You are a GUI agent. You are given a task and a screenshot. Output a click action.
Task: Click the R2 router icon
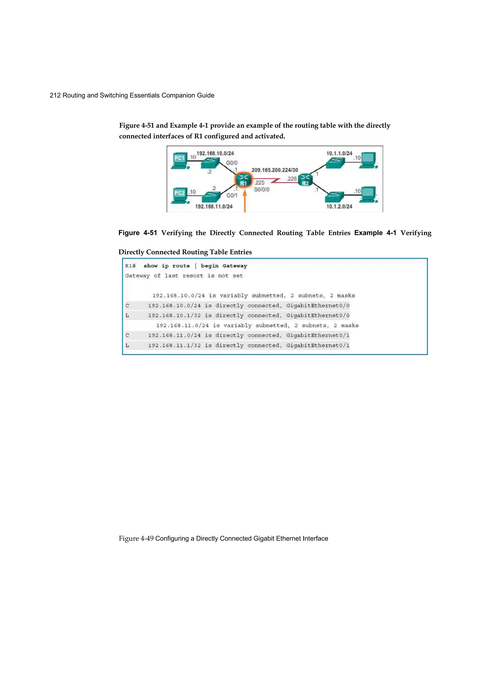305,180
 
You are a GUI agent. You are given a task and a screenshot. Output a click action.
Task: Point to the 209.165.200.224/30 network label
275,170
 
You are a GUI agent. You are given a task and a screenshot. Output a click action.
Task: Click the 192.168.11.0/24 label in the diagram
213,206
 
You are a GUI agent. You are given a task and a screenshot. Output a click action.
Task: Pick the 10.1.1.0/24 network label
339,153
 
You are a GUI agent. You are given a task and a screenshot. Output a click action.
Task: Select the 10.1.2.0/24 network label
339,206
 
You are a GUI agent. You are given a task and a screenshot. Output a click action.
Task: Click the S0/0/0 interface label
261,190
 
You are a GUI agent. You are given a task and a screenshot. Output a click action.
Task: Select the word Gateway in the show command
235,266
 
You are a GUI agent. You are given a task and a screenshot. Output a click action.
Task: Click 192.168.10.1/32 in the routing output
174,316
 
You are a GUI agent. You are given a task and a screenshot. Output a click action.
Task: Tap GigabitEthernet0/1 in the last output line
318,345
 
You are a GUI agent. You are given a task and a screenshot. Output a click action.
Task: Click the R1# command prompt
130,266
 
